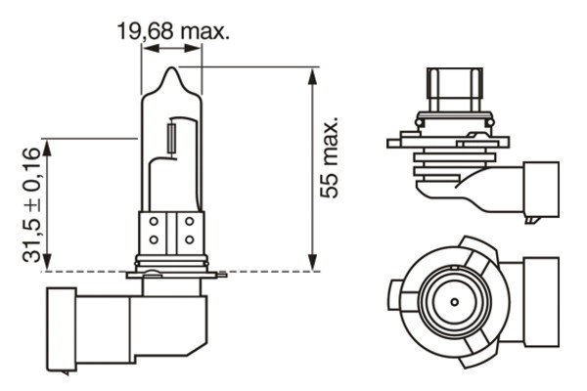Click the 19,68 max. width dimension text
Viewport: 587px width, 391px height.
pos(173,32)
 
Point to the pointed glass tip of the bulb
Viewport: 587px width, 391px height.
pos(172,72)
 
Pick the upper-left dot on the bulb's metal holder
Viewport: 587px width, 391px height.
pos(154,222)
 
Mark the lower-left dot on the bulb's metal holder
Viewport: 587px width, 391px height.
pos(154,239)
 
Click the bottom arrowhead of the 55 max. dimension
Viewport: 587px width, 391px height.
pos(311,263)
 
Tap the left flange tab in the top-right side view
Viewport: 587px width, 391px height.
pos(394,144)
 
